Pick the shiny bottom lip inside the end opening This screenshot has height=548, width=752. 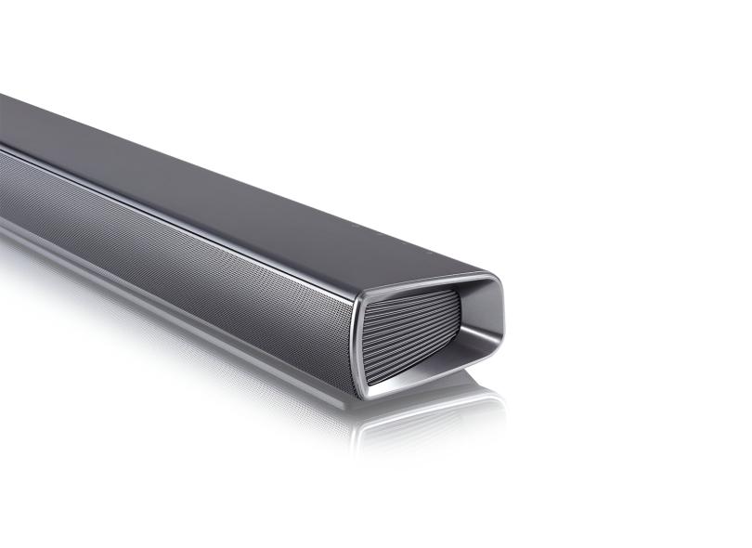pos(436,367)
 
